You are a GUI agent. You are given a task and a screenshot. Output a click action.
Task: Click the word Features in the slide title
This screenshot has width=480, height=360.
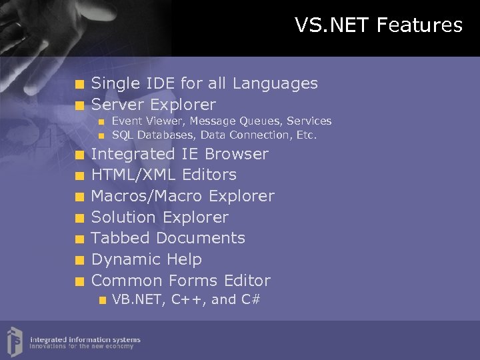tap(419, 25)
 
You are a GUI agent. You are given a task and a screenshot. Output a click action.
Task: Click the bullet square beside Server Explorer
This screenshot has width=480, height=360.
tap(79, 105)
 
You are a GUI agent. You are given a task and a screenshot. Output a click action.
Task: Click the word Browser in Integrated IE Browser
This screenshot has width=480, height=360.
tap(236, 154)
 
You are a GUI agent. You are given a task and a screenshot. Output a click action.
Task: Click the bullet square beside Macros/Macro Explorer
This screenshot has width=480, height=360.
tap(79, 197)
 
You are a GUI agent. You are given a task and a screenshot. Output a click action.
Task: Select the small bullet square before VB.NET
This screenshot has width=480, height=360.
tap(101, 300)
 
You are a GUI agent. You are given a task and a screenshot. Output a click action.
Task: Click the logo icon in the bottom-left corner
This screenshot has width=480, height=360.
tap(14, 340)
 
